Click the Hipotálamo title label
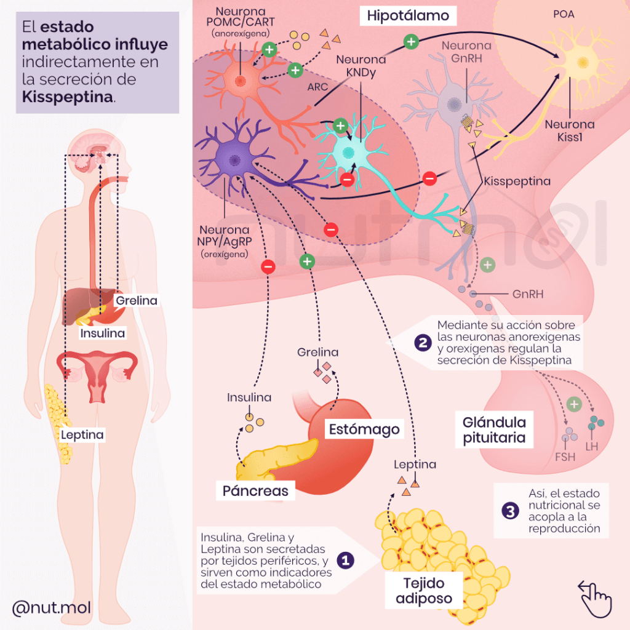(408, 15)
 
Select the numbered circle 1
(346, 560)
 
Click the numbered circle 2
(422, 343)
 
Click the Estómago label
(363, 429)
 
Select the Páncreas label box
(255, 490)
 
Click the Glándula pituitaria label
(494, 430)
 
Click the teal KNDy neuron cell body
(349, 152)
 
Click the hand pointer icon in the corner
(594, 597)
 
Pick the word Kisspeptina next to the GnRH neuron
(517, 181)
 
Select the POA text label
(564, 14)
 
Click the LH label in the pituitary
(592, 446)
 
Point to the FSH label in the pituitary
(565, 457)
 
